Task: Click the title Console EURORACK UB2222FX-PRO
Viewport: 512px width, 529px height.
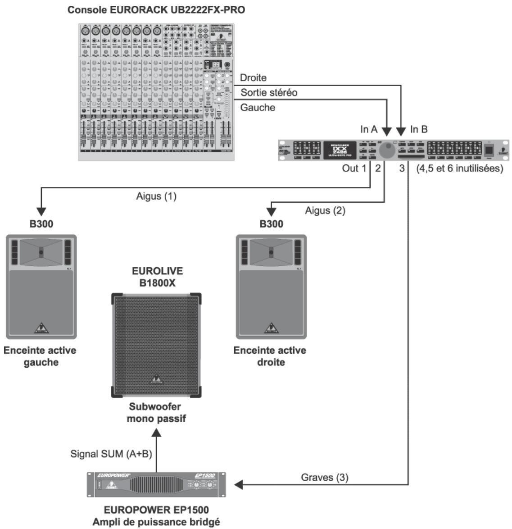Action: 156,9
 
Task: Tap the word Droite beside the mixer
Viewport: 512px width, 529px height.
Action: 253,78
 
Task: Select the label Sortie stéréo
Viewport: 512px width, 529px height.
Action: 269,93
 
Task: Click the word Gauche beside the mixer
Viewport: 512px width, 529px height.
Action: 257,108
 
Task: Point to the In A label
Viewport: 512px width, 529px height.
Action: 369,129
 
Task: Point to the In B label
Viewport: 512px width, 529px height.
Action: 419,129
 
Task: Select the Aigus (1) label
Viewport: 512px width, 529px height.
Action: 156,196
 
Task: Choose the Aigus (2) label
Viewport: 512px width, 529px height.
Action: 325,210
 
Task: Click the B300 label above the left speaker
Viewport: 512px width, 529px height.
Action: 41,224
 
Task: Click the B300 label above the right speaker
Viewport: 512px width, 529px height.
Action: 271,224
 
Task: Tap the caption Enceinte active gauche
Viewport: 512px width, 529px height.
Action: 40,356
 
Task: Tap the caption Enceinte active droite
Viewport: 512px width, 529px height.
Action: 270,356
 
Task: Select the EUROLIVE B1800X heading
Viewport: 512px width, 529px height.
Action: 157,277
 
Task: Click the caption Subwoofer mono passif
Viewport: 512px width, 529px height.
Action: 156,412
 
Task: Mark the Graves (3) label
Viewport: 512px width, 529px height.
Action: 324,477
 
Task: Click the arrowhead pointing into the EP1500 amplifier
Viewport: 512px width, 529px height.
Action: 239,485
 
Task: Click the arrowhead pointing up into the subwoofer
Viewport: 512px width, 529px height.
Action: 156,432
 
